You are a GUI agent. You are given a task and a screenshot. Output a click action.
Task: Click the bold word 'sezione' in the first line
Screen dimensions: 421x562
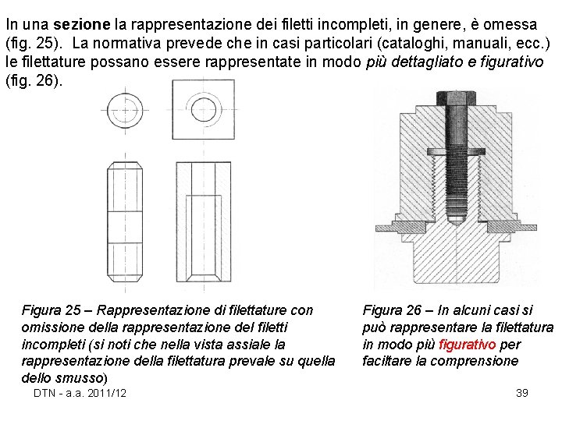[77, 25]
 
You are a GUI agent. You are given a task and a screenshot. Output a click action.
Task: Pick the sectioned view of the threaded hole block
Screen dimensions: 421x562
[205, 223]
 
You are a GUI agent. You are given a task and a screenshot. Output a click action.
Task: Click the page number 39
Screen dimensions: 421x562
[522, 393]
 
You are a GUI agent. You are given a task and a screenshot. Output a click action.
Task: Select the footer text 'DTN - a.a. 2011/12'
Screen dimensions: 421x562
[80, 393]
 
